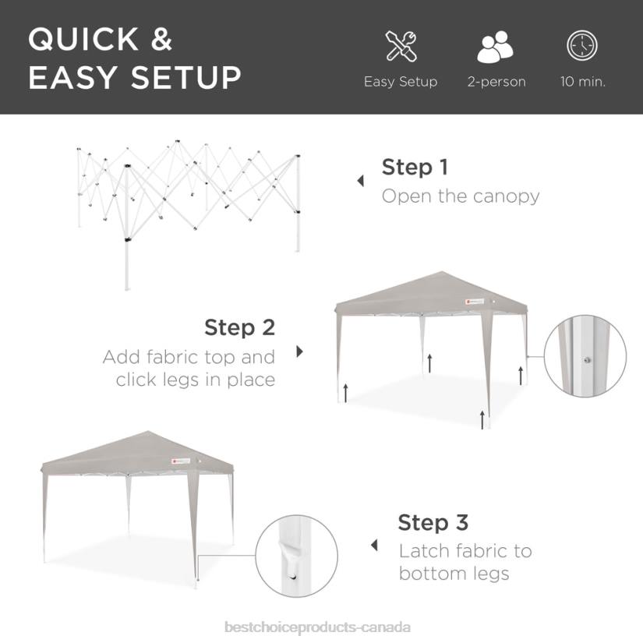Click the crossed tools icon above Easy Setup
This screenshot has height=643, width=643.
(x=401, y=46)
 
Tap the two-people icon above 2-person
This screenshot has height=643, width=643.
(x=496, y=47)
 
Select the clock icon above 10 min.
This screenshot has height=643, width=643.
(x=581, y=46)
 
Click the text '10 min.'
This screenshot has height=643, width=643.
(x=582, y=82)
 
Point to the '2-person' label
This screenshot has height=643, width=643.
(x=496, y=82)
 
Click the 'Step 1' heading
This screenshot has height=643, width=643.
(x=415, y=167)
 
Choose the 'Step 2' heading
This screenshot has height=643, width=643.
(x=239, y=327)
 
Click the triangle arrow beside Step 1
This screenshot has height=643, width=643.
(x=360, y=181)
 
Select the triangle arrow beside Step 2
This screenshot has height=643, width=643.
(x=299, y=352)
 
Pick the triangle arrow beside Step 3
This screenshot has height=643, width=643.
(x=374, y=546)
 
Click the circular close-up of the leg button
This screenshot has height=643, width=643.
(x=585, y=358)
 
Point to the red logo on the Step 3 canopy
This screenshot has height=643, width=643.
(x=175, y=461)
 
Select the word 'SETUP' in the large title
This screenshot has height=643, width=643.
(x=185, y=78)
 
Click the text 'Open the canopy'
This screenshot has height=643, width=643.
(x=460, y=196)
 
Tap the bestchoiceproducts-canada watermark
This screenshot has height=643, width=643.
(x=317, y=627)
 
